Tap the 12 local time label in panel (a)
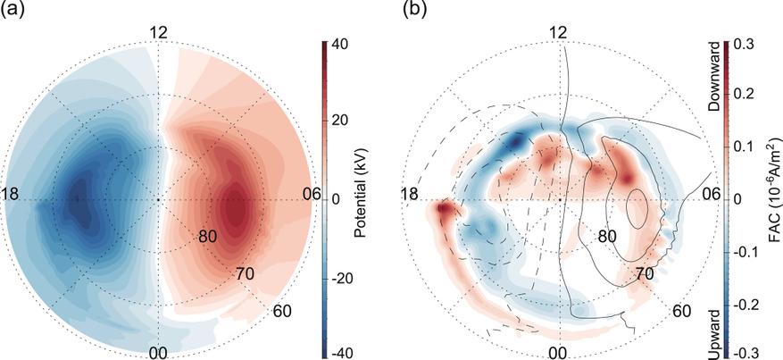click(159, 33)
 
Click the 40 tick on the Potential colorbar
click(339, 43)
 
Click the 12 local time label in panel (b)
click(559, 33)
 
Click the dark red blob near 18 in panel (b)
click(444, 211)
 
